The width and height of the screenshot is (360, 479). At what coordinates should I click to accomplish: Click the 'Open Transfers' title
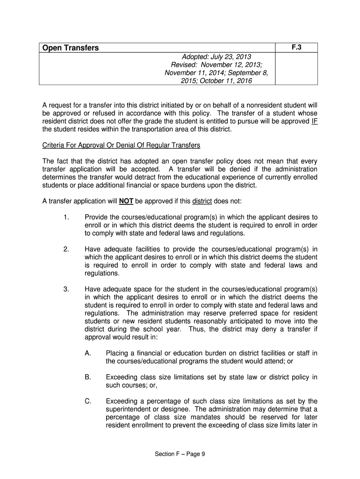pos(71,48)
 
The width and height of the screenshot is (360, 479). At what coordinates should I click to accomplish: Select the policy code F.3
pos(296,48)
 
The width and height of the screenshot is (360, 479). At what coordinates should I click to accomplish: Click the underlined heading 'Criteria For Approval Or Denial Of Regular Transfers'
pos(121,145)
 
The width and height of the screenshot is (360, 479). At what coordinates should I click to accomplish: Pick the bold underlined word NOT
pos(126,202)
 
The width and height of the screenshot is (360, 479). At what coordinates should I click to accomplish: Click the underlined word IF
pos(314,121)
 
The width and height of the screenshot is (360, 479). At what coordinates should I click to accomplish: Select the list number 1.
pos(65,218)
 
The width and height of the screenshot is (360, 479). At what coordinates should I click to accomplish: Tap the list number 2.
pos(65,249)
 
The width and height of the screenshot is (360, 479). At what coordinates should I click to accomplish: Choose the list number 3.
pos(65,289)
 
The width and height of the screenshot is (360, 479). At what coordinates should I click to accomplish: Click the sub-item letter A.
pos(87,353)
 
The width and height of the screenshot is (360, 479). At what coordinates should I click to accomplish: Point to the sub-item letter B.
pos(87,377)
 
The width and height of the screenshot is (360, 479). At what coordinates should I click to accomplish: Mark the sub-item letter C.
pos(87,401)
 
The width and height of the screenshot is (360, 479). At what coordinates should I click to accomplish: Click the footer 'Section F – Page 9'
pos(180,458)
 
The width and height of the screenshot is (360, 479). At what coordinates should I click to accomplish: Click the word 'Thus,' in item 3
pos(198,329)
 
